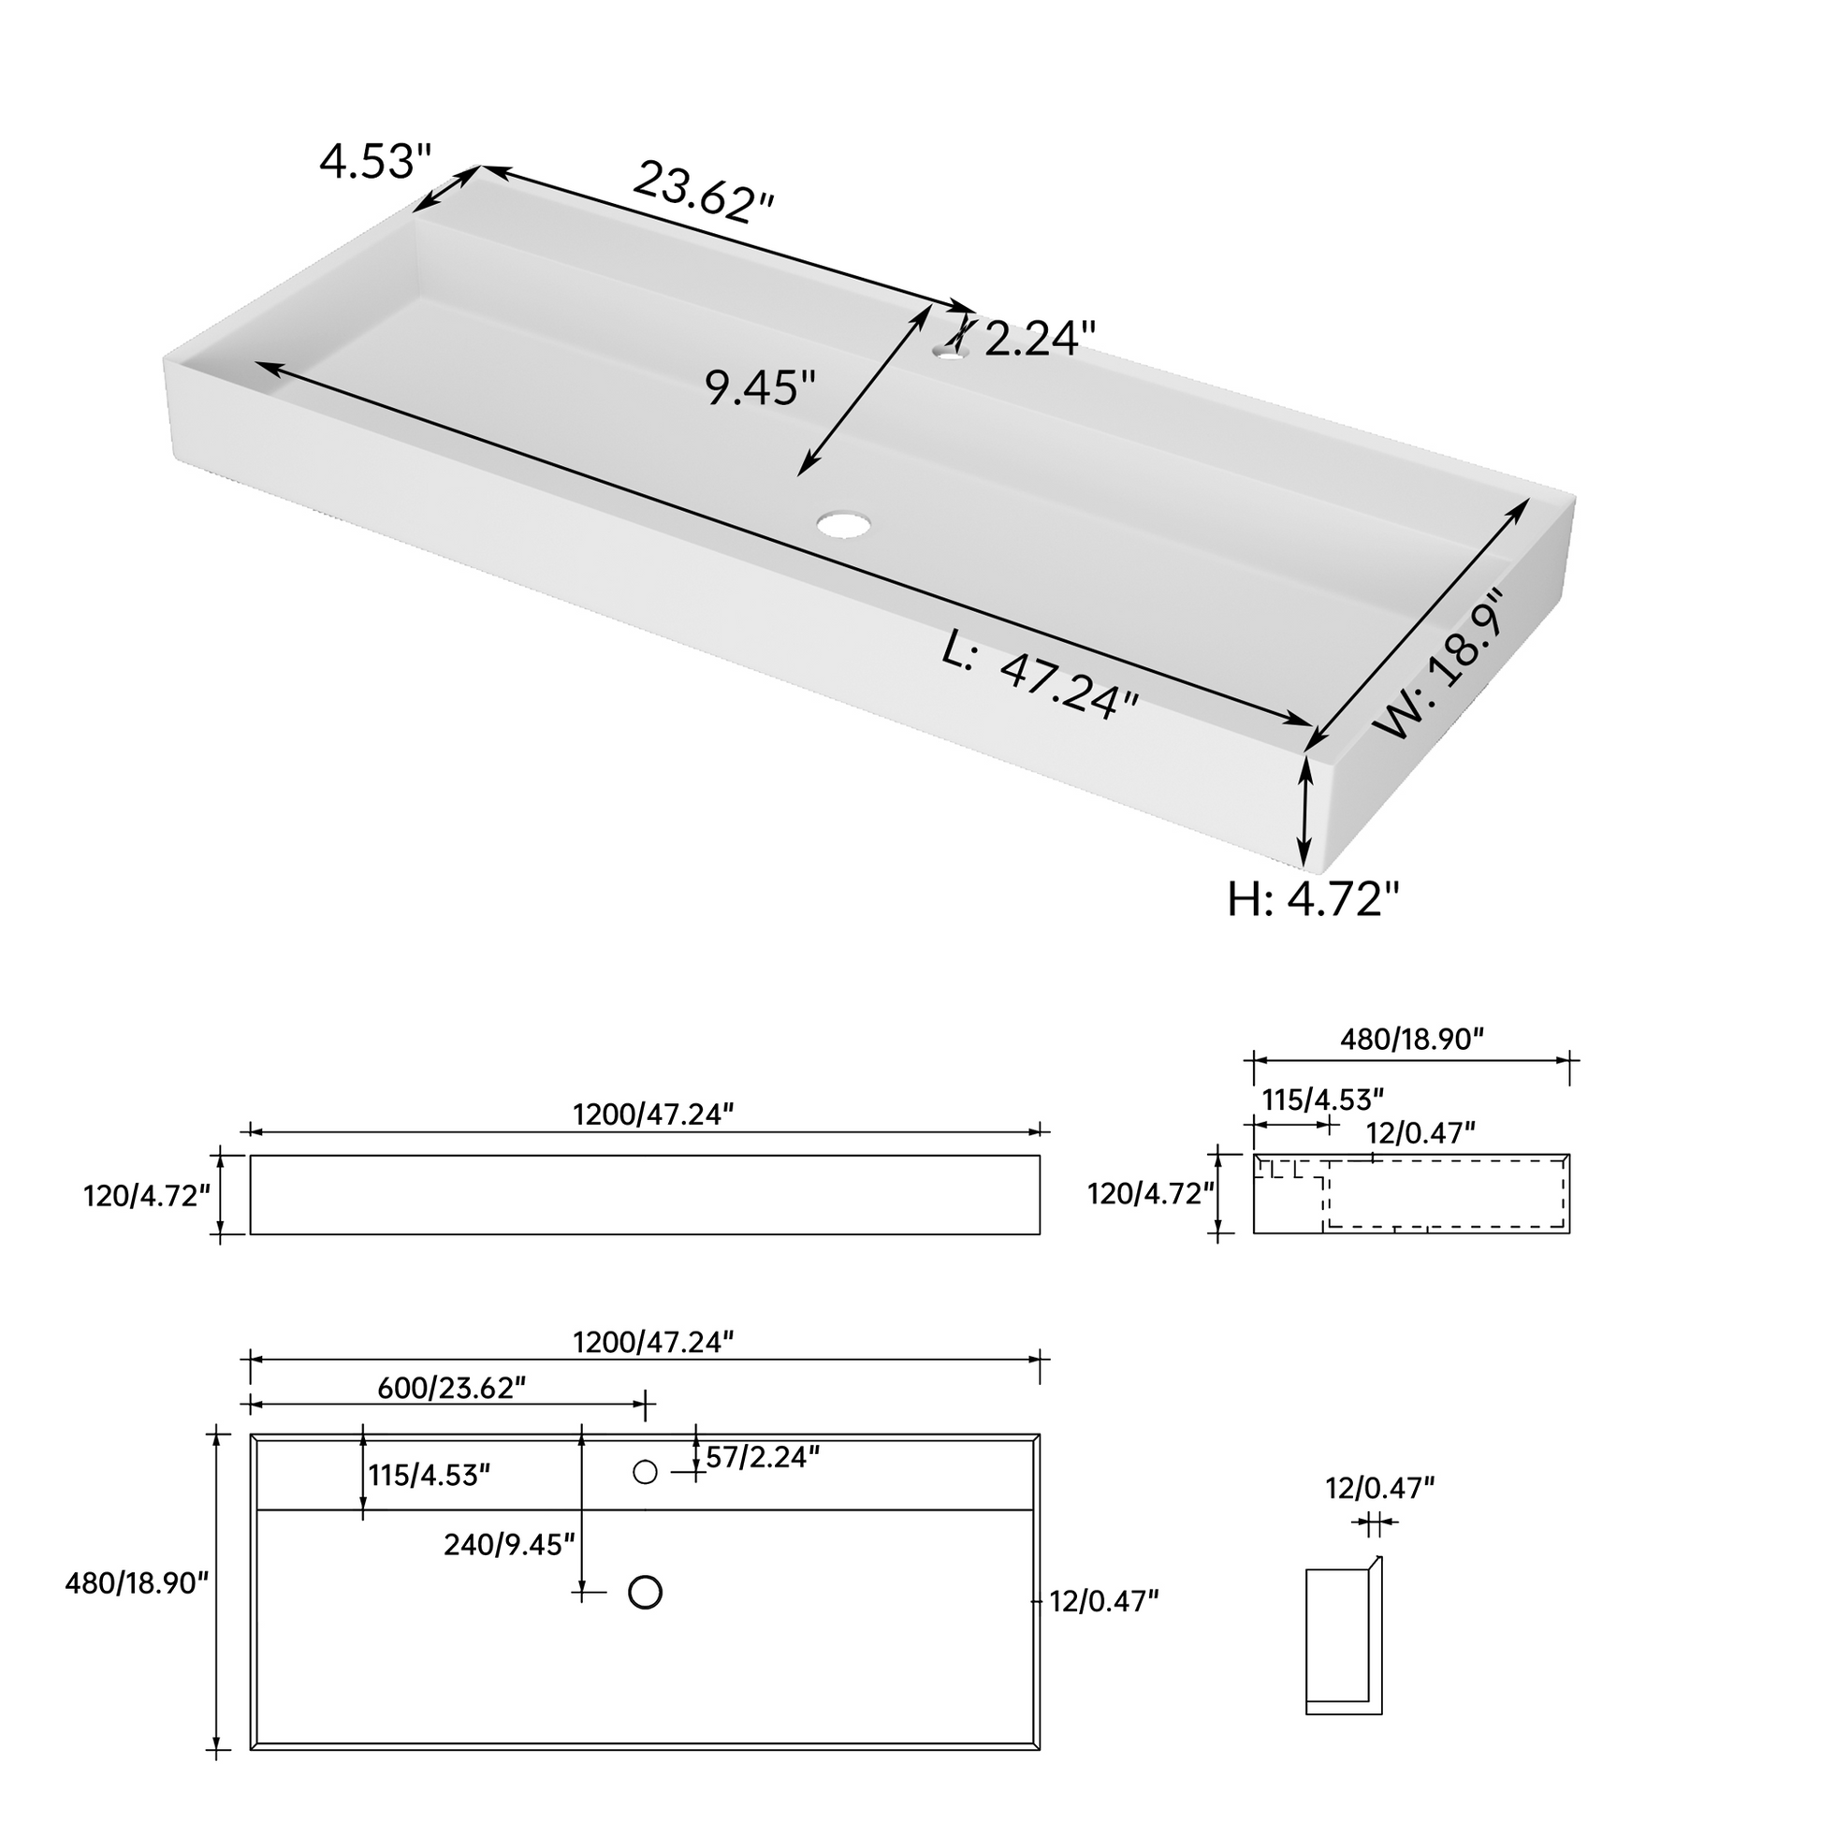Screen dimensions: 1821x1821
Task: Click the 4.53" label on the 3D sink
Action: tap(375, 161)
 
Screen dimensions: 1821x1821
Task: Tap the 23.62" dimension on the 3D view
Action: tap(703, 192)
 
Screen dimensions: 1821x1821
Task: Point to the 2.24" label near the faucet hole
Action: tap(1041, 339)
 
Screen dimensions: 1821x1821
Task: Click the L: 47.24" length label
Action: tap(1041, 675)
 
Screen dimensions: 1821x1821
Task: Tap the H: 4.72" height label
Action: tap(1313, 899)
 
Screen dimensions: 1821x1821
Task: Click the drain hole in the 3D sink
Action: tap(844, 524)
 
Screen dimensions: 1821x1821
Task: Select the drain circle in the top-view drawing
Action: tap(646, 1592)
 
